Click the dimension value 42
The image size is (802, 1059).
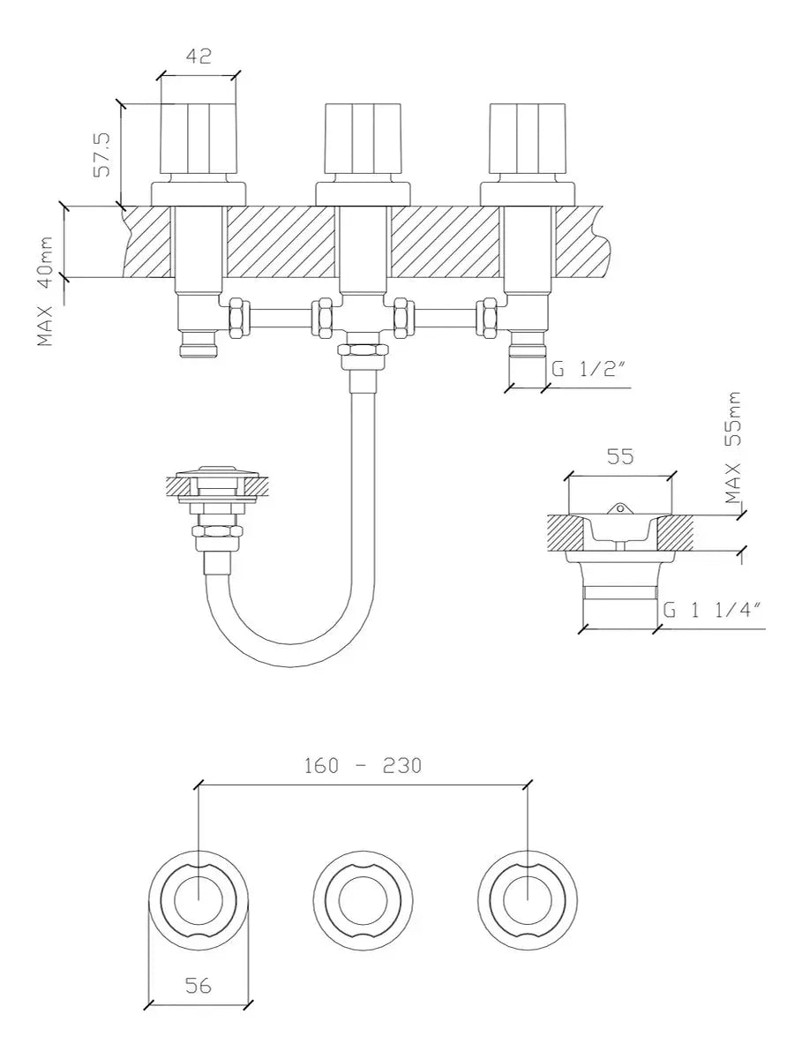click(199, 56)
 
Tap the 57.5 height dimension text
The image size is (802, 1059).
click(102, 154)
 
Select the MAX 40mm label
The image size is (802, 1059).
click(45, 290)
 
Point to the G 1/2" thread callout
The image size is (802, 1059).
click(588, 369)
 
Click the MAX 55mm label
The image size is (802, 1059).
click(733, 447)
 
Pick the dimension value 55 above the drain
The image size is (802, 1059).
click(620, 456)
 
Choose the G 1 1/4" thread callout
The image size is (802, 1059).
click(712, 610)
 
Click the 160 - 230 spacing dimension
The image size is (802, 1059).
click(363, 765)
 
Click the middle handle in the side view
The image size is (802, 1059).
click(363, 139)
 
